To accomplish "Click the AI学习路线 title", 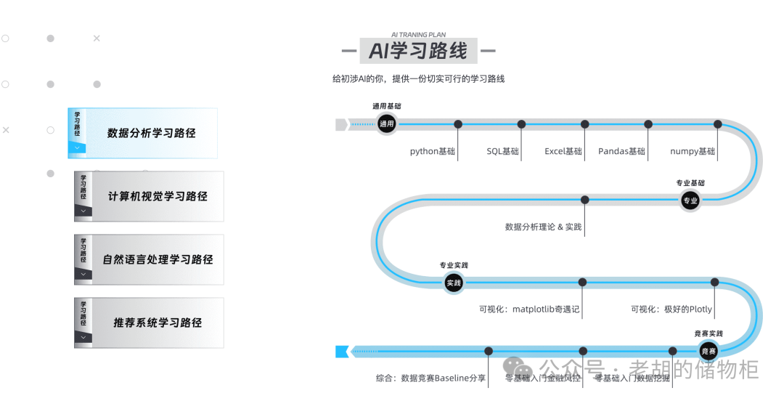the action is pos(418,51).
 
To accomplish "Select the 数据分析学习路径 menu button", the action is pos(151,133).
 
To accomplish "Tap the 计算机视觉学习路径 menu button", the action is pos(157,196).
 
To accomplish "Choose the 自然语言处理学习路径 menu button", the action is pos(157,259).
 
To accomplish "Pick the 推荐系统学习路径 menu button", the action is pos(157,323).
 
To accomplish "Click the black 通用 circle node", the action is pos(386,124).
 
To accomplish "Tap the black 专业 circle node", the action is pos(690,200).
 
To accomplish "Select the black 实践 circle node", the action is pos(454,283).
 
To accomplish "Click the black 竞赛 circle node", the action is pos(709,352).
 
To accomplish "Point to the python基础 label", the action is pos(433,152).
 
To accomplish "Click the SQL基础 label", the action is pos(502,152).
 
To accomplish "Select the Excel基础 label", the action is pos(563,152).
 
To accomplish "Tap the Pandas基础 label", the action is pos(621,152).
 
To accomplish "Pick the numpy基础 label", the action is pos(693,152).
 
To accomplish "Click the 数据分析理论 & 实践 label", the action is pos(543,227).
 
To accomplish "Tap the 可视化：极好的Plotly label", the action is pos(671,309).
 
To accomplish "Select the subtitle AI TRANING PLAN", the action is pos(418,34).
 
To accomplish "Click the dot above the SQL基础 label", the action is pos(521,124).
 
